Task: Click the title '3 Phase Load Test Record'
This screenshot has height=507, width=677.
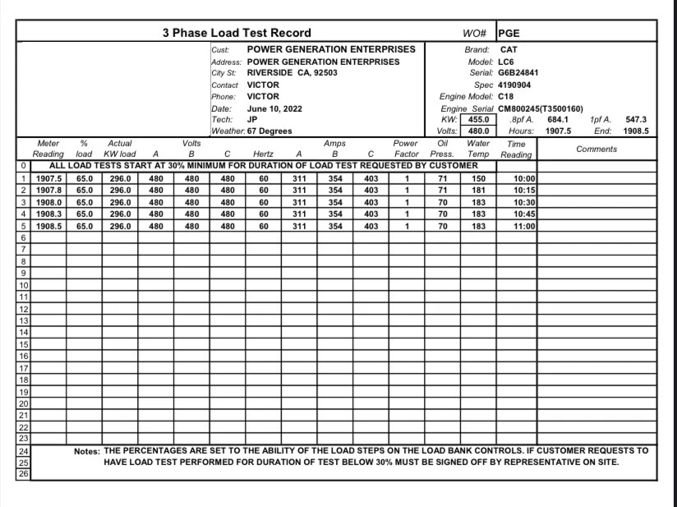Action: tap(236, 33)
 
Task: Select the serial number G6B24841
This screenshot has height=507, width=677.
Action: tap(518, 72)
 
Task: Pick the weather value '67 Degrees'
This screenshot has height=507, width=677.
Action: tap(269, 131)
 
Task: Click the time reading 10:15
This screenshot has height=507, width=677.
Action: tap(524, 191)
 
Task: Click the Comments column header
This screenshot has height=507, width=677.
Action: tap(596, 149)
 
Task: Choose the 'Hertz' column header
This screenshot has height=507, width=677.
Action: tap(263, 154)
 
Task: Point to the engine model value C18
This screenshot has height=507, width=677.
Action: tap(506, 96)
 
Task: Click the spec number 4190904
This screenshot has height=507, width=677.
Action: tap(514, 85)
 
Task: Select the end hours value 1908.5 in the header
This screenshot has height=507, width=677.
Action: tap(636, 131)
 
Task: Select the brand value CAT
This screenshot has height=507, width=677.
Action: tap(509, 49)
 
